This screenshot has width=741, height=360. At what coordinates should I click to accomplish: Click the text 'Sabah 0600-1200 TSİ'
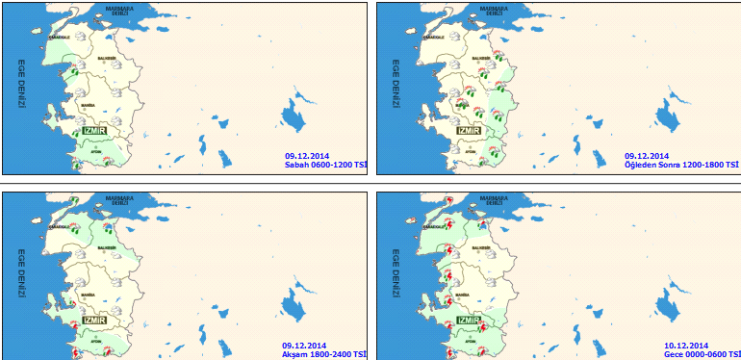(325, 165)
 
